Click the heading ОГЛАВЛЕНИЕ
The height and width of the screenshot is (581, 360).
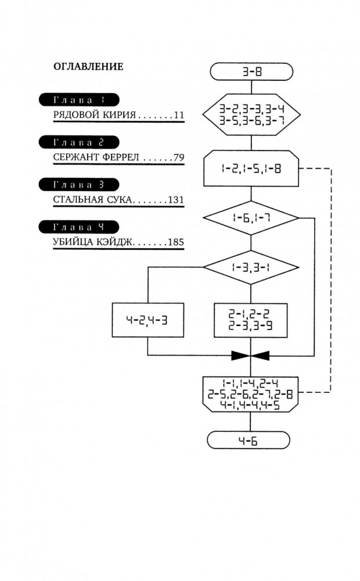88,66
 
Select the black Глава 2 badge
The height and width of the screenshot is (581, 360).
78,142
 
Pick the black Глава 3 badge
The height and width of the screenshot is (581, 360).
78,185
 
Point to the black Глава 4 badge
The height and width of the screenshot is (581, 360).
78,227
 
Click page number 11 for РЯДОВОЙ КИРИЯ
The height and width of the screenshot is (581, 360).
178,116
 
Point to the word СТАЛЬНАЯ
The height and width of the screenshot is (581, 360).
74,200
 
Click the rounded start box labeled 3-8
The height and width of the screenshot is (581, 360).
250,73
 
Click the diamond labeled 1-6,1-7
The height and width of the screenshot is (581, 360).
251,218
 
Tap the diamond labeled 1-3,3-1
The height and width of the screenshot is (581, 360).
251,267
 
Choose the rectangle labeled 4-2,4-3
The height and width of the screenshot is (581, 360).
148,320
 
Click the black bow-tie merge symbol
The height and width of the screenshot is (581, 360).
250,354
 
